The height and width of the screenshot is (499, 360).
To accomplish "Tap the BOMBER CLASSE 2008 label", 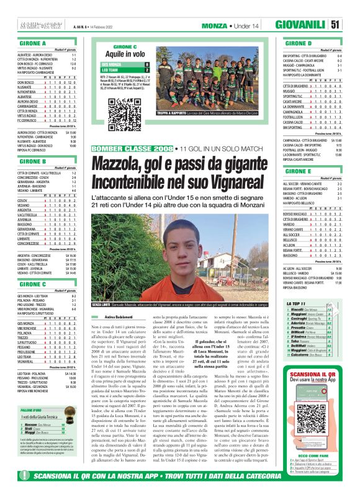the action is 132,149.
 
